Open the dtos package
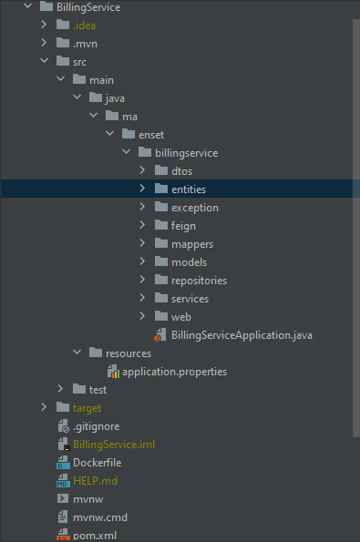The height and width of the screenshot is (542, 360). click(x=181, y=171)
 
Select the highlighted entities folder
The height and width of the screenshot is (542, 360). click(x=188, y=189)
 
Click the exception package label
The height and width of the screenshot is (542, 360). click(x=194, y=208)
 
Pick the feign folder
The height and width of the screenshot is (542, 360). click(x=183, y=226)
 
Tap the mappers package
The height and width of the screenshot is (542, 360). click(x=191, y=244)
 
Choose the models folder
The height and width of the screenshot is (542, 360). click(x=189, y=262)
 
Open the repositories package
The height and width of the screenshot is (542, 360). click(x=199, y=281)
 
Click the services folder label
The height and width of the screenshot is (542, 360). click(x=190, y=299)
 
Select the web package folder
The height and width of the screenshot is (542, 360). click(x=180, y=316)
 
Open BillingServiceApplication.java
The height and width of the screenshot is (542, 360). click(x=242, y=334)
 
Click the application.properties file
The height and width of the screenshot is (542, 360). click(x=174, y=371)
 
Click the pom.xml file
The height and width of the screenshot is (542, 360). click(x=95, y=535)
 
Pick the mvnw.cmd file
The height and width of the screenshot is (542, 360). click(x=101, y=516)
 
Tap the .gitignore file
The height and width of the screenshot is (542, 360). click(x=96, y=425)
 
